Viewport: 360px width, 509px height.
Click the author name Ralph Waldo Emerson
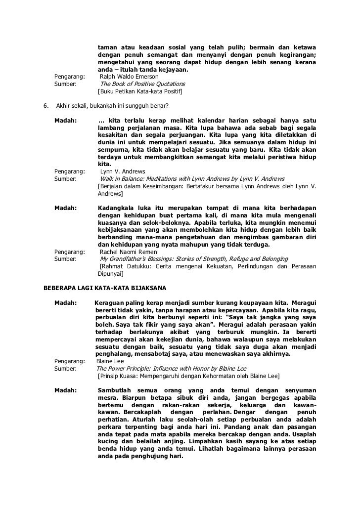point(129,77)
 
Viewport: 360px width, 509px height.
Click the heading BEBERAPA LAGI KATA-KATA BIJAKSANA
point(105,287)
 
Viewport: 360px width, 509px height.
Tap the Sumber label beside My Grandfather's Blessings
point(65,259)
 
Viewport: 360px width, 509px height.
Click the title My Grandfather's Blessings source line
point(194,259)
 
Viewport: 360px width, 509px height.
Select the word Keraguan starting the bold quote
point(110,302)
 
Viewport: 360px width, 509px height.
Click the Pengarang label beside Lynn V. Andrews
point(69,171)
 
